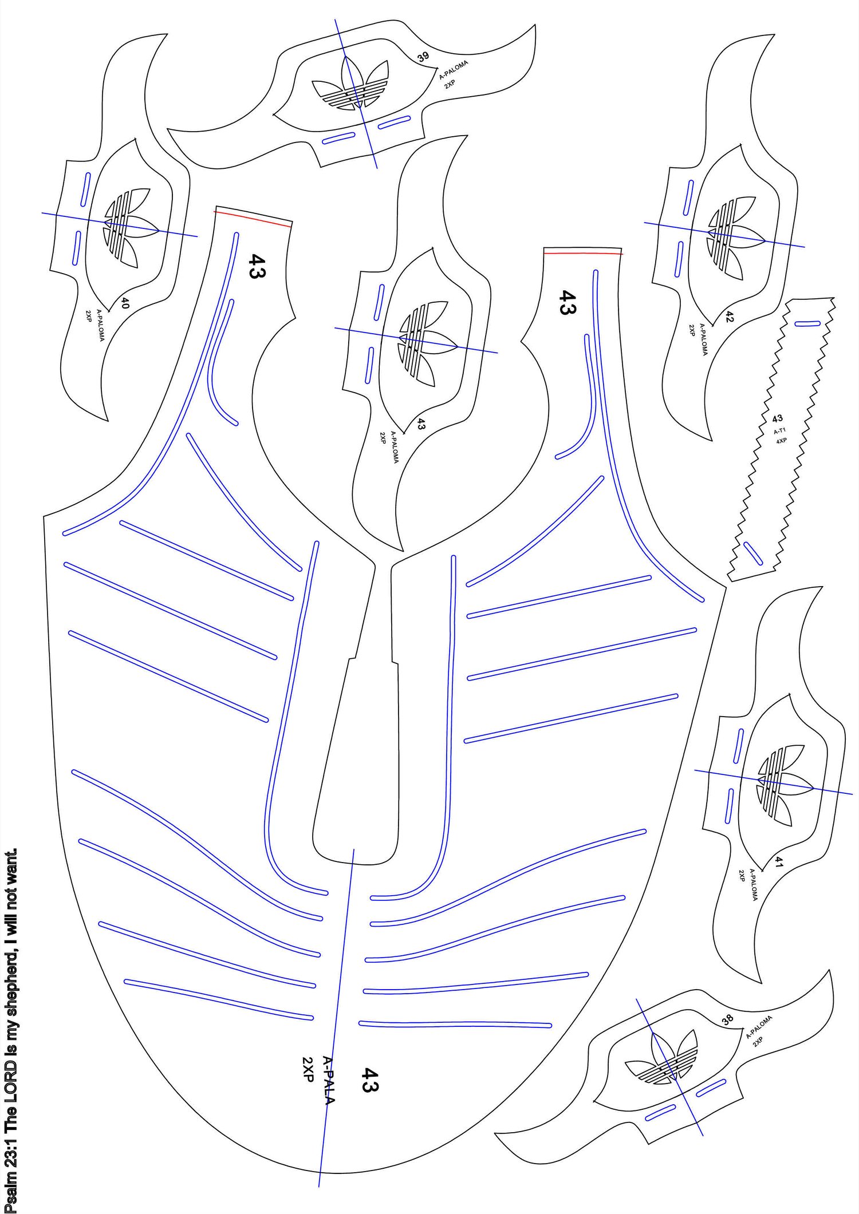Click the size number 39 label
(423, 57)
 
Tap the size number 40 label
(125, 303)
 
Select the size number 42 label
(729, 317)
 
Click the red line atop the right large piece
(583, 251)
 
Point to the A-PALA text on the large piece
(328, 1079)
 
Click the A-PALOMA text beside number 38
(759, 1027)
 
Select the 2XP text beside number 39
(450, 84)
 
